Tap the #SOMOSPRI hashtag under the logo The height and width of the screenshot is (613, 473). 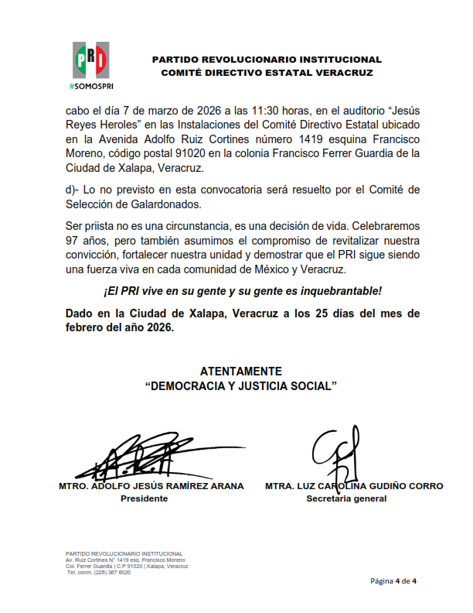tap(91, 84)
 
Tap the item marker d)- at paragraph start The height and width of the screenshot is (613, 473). tap(76, 190)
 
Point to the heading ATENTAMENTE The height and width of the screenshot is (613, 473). tap(240, 372)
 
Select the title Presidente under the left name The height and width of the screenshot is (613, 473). tap(144, 498)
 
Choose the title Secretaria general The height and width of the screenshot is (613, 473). tap(346, 498)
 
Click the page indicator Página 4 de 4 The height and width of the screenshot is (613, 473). tap(393, 580)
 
